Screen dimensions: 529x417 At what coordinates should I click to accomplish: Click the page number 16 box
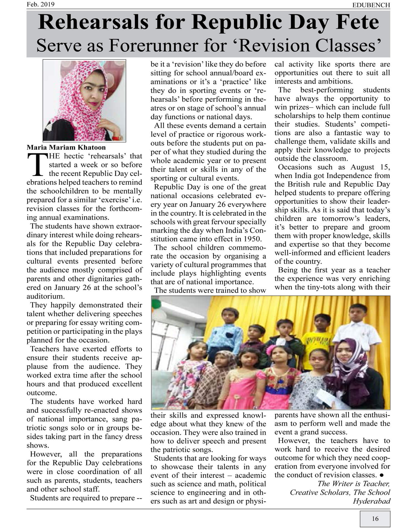pos(375,519)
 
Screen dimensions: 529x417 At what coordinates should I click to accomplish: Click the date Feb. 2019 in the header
pos(41,4)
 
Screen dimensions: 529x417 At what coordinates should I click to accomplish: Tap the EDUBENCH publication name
pos(371,5)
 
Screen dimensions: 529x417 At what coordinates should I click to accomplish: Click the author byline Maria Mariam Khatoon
pos(66,147)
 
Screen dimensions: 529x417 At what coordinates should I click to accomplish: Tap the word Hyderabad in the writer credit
pos(371,501)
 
